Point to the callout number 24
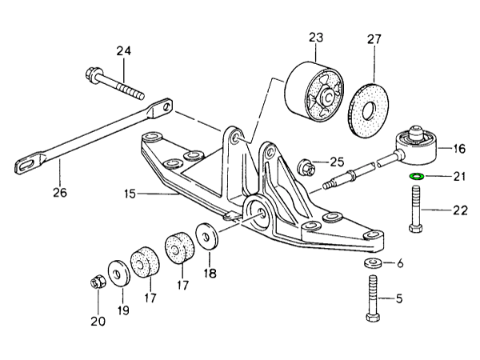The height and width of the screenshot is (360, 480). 122,51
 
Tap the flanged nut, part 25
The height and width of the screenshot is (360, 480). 304,168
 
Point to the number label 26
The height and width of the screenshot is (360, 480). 60,192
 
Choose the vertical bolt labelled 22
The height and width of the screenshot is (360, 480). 416,210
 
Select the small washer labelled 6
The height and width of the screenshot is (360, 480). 373,263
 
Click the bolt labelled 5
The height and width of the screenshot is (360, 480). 373,299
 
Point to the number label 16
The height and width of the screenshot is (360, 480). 458,148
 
